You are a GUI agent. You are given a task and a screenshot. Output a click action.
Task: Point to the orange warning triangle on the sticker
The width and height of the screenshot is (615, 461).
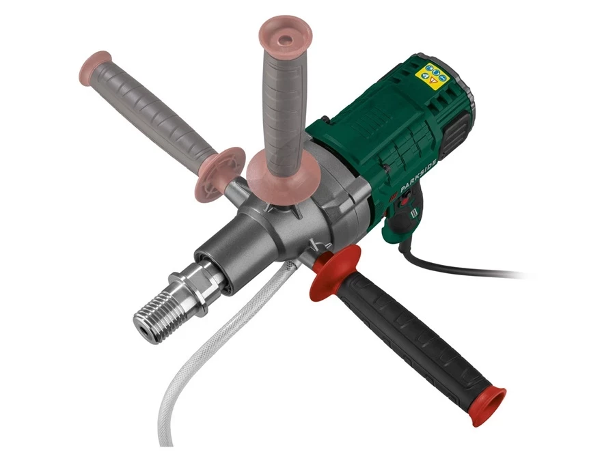(x=433, y=81)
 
